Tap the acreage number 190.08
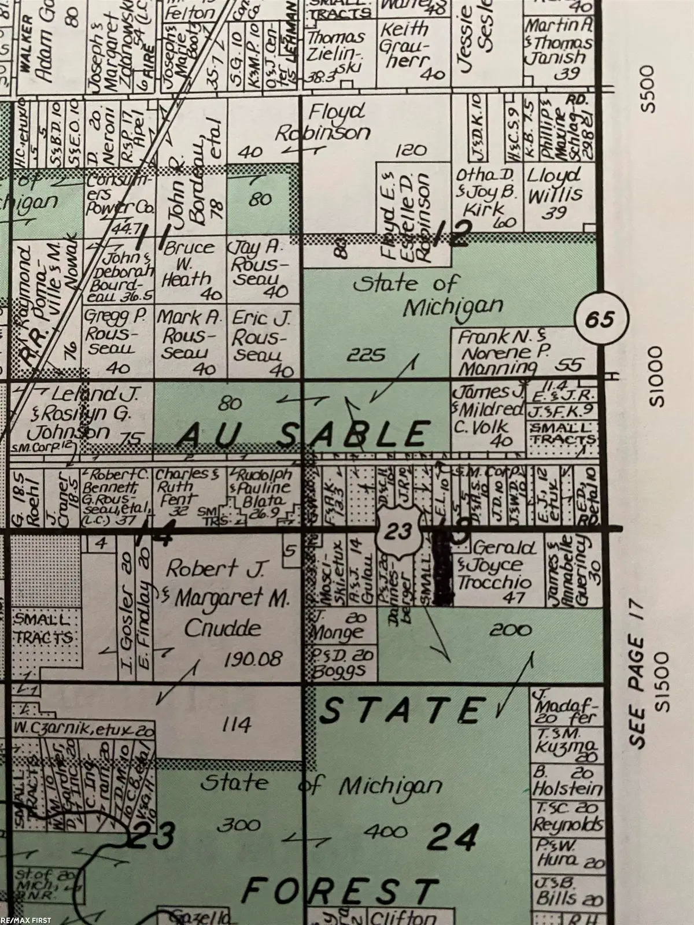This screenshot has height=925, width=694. (x=255, y=658)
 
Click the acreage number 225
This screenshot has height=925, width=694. (x=366, y=354)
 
